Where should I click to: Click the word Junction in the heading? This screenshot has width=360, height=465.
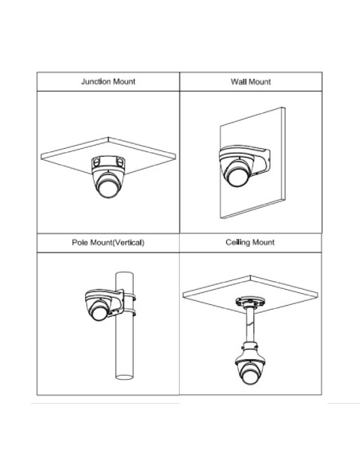tap(96, 81)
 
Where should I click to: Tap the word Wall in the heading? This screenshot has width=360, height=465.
tap(238, 81)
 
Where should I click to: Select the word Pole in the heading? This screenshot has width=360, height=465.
tap(80, 243)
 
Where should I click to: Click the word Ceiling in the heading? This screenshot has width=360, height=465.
tap(237, 243)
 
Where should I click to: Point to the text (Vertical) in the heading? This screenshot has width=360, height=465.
tap(129, 243)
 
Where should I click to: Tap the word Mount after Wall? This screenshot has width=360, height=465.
tap(260, 82)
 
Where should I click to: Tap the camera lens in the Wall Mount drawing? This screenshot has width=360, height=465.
tap(237, 178)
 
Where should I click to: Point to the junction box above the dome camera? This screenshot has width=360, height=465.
tap(108, 164)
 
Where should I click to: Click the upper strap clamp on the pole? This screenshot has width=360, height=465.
tap(129, 297)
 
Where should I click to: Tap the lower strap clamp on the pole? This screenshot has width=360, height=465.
tap(129, 313)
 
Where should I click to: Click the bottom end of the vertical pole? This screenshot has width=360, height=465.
tap(124, 377)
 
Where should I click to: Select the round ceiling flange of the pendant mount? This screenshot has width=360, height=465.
tap(250, 302)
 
